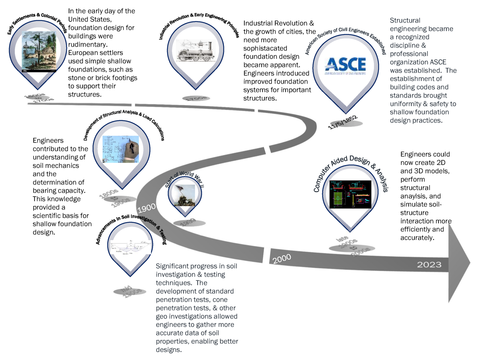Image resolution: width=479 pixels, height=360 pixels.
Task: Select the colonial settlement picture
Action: click(39, 52)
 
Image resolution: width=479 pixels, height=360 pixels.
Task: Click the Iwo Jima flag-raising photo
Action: click(185, 196)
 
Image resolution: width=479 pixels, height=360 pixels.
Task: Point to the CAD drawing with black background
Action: click(350, 194)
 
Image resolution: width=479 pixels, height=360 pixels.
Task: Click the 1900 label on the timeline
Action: click(147, 208)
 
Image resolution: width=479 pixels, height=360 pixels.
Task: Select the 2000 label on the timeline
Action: click(282, 259)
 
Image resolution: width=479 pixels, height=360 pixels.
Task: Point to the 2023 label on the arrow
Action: click(429, 265)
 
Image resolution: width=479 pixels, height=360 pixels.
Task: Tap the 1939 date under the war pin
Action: click(188, 222)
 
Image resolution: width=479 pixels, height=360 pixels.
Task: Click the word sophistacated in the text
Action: click(265, 48)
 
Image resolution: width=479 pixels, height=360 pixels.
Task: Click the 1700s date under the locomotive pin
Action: click(196, 99)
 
